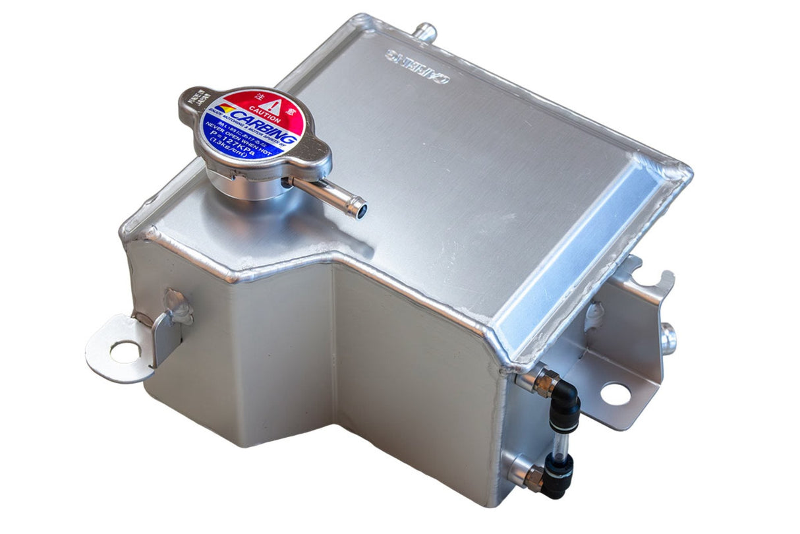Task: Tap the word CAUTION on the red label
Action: pos(268,120)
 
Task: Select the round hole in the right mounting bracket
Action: pos(615,394)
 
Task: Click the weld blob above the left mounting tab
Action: pos(177,305)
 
